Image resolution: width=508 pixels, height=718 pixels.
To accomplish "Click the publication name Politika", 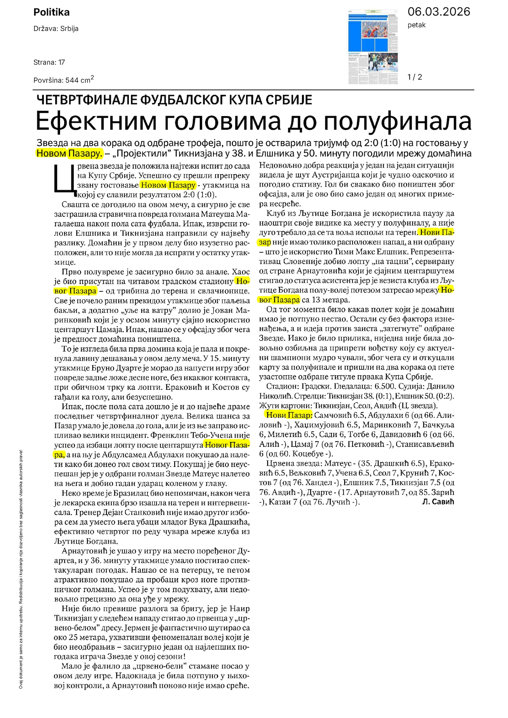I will (51, 13).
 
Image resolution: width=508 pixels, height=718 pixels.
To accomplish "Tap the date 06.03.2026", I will (438, 12).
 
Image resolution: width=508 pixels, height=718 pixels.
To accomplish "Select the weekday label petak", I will (416, 25).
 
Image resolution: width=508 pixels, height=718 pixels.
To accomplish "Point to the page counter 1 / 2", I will (415, 77).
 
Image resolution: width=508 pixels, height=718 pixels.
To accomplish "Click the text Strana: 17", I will (49, 62).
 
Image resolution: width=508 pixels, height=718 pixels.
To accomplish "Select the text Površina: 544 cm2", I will (64, 80).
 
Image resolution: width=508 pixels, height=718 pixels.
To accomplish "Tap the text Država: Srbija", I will (56, 29).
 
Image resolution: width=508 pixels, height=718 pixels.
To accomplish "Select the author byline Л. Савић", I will (438, 502).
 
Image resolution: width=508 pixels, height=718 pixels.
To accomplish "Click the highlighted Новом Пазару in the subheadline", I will (70, 153).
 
